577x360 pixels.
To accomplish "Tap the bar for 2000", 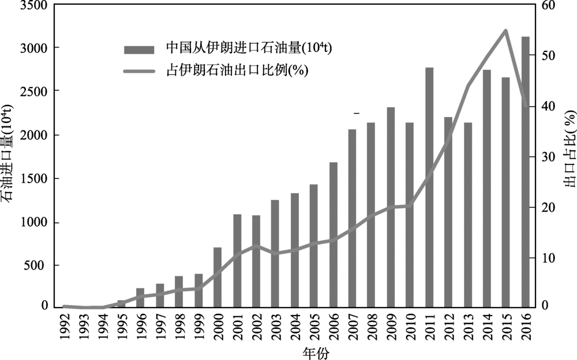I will pyautogui.click(x=218, y=277).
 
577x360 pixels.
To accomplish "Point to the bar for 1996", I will pyautogui.click(x=140, y=297).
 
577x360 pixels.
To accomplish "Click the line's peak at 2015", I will pyautogui.click(x=505, y=31).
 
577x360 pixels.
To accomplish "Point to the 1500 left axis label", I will pyautogui.click(x=31, y=179).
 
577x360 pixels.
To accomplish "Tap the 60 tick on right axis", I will pyautogui.click(x=548, y=5).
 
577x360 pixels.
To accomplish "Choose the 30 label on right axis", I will pyautogui.click(x=548, y=157).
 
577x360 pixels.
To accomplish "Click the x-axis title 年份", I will pyautogui.click(x=317, y=351).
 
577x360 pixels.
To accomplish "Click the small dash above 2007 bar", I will pyautogui.click(x=357, y=114).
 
